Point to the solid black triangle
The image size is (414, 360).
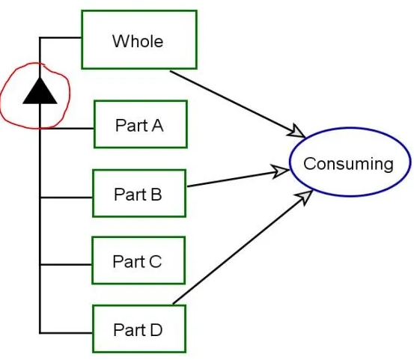[40, 91]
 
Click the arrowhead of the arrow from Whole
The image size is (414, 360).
[296, 131]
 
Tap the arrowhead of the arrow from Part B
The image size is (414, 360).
[281, 171]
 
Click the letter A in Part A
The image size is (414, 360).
[157, 125]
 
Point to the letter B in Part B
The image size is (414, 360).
[156, 195]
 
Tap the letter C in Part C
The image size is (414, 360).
[155, 261]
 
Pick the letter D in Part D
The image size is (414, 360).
[156, 329]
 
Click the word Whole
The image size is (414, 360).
[138, 41]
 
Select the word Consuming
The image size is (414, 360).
[349, 164]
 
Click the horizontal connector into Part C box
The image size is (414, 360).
[66, 264]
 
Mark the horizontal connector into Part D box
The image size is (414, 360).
[66, 333]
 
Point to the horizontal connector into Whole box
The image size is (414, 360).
[61, 37]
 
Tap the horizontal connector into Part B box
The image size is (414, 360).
[66, 197]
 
